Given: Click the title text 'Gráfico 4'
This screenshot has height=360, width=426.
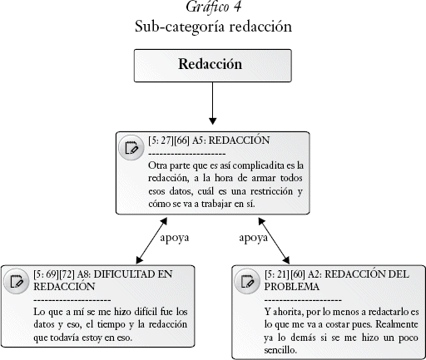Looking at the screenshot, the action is (x=213, y=7).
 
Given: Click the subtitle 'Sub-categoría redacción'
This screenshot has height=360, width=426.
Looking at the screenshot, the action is (x=213, y=27).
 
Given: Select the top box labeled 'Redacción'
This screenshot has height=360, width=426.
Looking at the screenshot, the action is (x=213, y=66).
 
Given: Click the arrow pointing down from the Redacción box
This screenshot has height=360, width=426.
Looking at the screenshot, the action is (x=213, y=103).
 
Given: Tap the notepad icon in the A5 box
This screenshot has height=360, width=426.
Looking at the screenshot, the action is (x=131, y=148).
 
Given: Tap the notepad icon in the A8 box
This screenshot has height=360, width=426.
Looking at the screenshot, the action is (x=17, y=281).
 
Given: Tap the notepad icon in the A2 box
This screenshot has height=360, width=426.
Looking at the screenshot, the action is (x=247, y=281).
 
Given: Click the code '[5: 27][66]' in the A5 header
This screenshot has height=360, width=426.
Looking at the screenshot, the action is (x=169, y=141).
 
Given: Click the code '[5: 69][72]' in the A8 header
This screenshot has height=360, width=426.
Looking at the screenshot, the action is (x=54, y=274).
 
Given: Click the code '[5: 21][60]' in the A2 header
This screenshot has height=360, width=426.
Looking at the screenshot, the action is (x=285, y=274).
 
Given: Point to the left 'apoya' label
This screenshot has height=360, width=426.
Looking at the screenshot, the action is (x=175, y=238).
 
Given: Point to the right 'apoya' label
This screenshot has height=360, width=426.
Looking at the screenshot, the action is (x=254, y=238).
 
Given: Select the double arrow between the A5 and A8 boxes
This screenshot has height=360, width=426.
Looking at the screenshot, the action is (x=151, y=240).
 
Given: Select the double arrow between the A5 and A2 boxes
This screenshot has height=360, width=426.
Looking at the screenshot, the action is (x=274, y=240).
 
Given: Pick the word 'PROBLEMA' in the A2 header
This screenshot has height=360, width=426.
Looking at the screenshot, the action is (x=292, y=287).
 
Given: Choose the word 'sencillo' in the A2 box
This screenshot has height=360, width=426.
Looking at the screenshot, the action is (x=280, y=350).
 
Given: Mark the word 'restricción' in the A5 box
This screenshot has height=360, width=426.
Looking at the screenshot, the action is (x=271, y=191).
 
